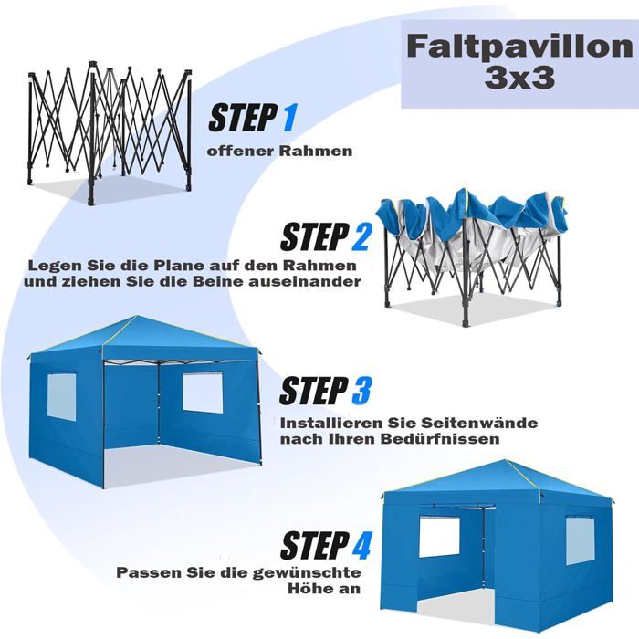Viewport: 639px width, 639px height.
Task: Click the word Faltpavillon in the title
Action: (x=519, y=47)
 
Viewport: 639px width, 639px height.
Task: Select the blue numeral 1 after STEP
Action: (x=289, y=118)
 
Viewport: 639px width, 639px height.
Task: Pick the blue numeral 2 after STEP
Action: (x=361, y=237)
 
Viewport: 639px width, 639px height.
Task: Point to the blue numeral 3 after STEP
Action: (x=361, y=391)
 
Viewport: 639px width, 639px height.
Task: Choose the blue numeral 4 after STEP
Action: (x=361, y=546)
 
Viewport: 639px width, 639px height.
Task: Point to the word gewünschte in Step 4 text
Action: (x=307, y=572)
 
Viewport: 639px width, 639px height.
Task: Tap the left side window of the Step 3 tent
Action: (x=62, y=397)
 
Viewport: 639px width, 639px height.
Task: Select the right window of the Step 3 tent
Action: (x=203, y=392)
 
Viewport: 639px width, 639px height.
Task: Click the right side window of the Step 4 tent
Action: (x=581, y=542)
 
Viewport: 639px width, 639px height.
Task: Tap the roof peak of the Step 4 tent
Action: (x=506, y=461)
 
